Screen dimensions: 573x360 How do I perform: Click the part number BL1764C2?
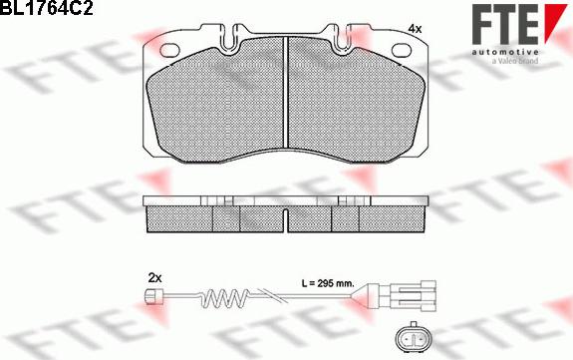pos(47,8)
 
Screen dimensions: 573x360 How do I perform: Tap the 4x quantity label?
pos(415,29)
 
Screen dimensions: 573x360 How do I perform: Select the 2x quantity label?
pos(154,278)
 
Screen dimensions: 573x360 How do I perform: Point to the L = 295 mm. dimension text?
pos(328,283)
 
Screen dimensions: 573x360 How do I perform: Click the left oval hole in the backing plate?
pos(170,51)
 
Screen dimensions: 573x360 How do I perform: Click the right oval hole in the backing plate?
pos(402,50)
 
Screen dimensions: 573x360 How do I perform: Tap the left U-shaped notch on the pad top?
pos(229,37)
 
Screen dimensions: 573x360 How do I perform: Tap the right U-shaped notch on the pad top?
pos(342,37)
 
